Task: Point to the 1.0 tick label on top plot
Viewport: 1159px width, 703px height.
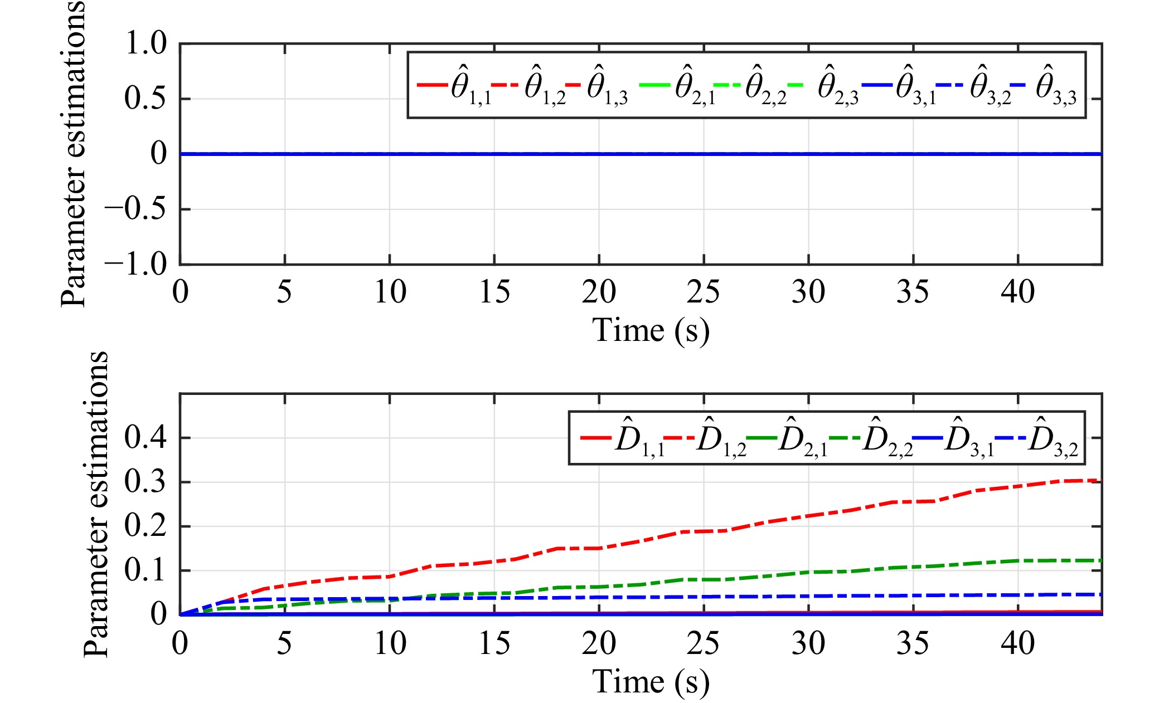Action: click(x=146, y=43)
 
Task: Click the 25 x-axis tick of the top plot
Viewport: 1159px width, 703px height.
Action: click(x=703, y=292)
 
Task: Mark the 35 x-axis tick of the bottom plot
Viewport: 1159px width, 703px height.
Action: click(x=913, y=643)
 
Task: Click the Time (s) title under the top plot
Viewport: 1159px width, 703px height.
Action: click(x=650, y=331)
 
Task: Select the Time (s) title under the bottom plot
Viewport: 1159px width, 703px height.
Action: click(x=650, y=682)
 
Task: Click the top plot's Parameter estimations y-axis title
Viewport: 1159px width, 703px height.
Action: click(x=74, y=153)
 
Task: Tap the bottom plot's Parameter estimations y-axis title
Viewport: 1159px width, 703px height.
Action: click(x=96, y=504)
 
